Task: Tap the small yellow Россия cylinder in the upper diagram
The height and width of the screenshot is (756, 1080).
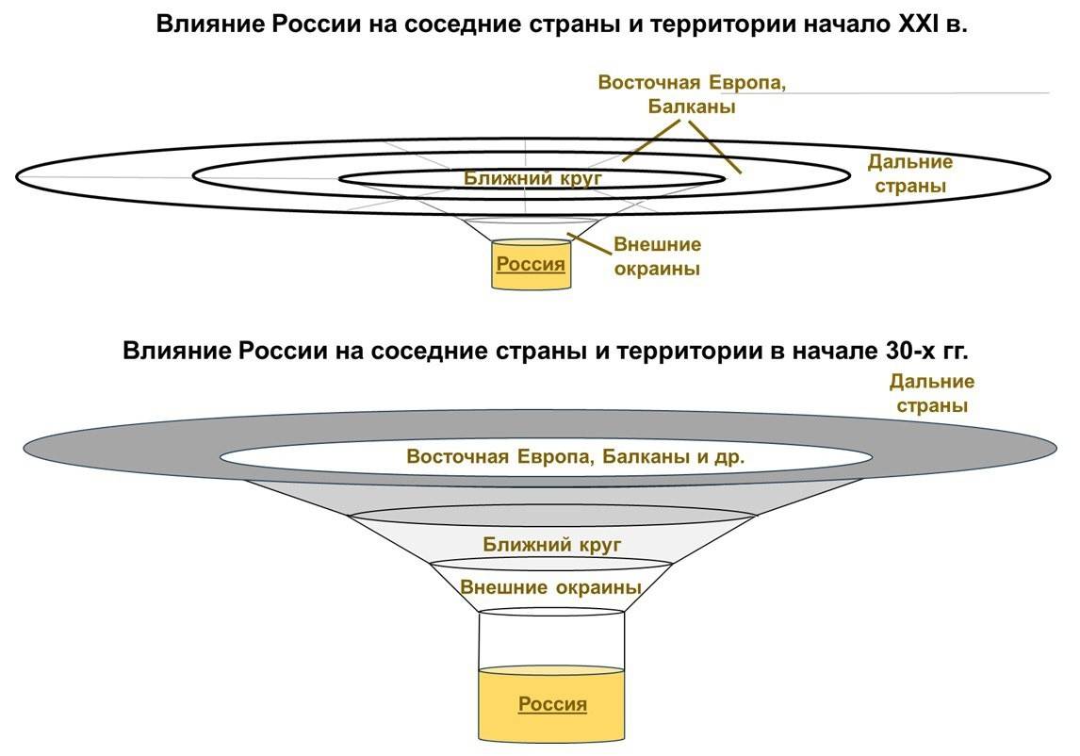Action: tap(531, 264)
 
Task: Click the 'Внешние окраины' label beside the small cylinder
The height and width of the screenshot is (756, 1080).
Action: tap(658, 256)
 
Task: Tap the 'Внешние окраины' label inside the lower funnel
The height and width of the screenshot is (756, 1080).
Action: tap(551, 587)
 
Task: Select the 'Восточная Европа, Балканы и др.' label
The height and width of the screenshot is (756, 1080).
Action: tap(576, 457)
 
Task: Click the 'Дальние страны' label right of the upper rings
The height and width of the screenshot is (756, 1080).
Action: tap(909, 173)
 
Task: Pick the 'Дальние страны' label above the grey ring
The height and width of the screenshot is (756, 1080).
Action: tap(931, 394)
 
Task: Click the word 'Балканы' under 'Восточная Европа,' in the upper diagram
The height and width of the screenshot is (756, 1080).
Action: tap(692, 107)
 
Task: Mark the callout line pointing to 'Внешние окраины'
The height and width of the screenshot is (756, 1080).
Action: tap(589, 242)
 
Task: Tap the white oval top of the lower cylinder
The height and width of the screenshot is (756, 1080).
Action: tap(551, 612)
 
